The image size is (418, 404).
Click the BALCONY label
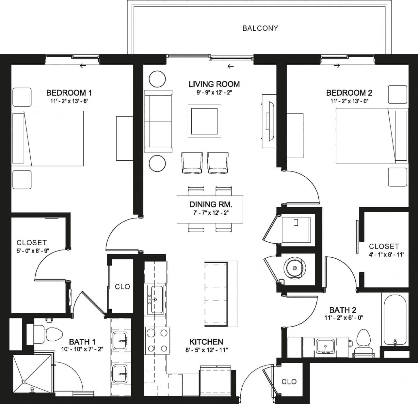coord(260,28)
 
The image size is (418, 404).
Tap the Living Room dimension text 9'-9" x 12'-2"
coord(214,93)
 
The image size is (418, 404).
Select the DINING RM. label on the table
coord(211,205)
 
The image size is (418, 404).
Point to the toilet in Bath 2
coord(363,341)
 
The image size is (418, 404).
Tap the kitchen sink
coord(155,299)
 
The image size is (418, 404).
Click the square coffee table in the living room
coord(204,121)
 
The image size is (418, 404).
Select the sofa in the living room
coord(158,121)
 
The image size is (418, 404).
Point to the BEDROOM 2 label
coord(349,93)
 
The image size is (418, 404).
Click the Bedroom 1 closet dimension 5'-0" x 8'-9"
coord(32,251)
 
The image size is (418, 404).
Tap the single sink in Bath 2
coord(325,346)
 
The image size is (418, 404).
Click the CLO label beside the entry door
coord(289,381)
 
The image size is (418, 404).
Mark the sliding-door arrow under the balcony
coord(231,66)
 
